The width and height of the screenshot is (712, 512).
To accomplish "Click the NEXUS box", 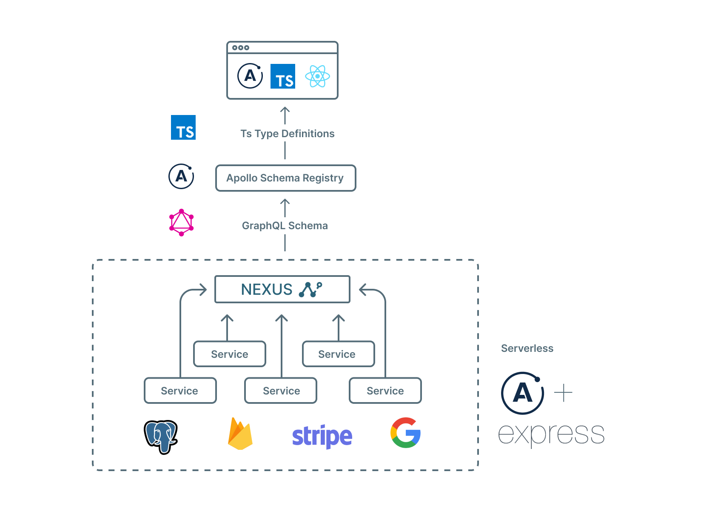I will (x=282, y=289).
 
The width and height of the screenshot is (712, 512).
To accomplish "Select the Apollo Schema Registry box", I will (x=285, y=178).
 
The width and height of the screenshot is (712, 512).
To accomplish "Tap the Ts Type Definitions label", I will (x=287, y=134).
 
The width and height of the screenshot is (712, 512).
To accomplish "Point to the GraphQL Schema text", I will (x=285, y=226).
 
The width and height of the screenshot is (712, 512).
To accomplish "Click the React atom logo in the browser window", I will (x=317, y=76).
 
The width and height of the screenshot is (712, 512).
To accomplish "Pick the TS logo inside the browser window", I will (x=283, y=76).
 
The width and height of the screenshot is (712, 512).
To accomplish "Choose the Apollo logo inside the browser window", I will (x=250, y=76).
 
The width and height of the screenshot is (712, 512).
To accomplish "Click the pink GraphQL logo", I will (x=182, y=222).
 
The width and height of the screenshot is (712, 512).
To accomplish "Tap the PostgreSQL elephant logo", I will (x=161, y=437).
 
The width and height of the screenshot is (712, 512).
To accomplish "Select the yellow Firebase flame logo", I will (x=240, y=434).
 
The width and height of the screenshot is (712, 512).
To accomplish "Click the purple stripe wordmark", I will (x=322, y=436).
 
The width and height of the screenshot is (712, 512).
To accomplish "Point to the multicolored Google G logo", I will (x=405, y=433).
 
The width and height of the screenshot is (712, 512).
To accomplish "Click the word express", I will (x=551, y=434).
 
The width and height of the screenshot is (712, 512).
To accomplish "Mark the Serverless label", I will (x=527, y=348).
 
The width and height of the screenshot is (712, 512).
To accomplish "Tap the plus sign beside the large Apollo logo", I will (x=563, y=393).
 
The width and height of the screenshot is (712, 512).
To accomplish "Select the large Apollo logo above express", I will (x=522, y=393).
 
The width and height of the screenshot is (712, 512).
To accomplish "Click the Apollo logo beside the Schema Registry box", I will (x=181, y=176).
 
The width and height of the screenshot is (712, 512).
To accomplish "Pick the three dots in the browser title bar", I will (x=241, y=48).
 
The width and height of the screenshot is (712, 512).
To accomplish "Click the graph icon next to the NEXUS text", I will (x=310, y=289).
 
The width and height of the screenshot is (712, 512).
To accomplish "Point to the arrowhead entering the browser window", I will (x=285, y=109).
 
